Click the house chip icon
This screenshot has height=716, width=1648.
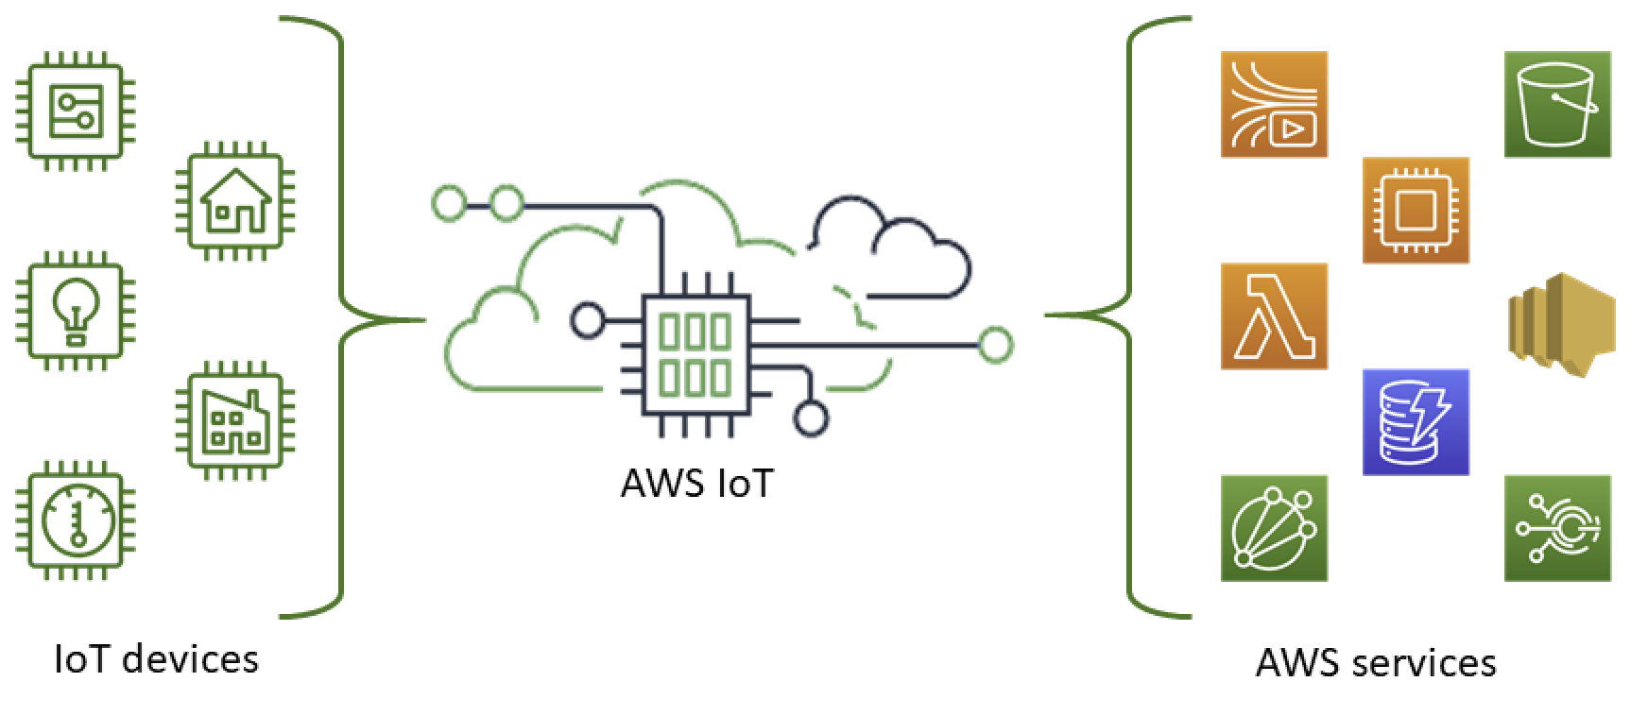236,200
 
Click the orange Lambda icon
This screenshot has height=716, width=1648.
1274,315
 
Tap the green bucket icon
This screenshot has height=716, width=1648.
1556,104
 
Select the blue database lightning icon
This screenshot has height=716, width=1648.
1416,421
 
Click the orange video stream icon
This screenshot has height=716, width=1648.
1274,104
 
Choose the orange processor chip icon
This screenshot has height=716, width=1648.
1416,210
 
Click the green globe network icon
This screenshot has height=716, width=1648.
1274,527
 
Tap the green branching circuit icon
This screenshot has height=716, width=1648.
1556,527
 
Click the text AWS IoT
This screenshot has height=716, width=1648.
696,483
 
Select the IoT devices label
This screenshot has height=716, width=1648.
156,658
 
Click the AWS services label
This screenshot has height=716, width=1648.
1375,662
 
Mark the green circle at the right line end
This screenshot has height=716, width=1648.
995,346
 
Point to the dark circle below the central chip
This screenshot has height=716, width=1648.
810,418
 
